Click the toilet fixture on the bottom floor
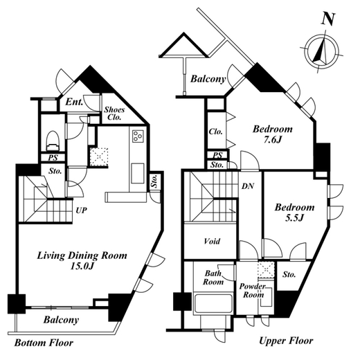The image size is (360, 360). (x=53, y=141)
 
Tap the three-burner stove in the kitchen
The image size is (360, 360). (x=138, y=136)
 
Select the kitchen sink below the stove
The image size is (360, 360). (x=138, y=173)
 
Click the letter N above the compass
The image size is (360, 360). (x=328, y=19)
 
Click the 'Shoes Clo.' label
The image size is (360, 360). (x=114, y=113)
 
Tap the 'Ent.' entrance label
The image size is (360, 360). (x=74, y=102)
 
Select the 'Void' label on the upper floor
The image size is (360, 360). (x=212, y=242)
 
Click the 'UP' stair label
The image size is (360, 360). (x=82, y=210)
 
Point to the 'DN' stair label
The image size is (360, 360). (x=248, y=186)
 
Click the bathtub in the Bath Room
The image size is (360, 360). (x=213, y=303)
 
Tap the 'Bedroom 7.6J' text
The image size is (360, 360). (x=273, y=134)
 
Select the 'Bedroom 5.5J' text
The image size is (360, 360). (x=294, y=213)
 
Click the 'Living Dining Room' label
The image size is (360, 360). (x=82, y=255)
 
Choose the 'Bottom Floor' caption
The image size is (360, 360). (x=44, y=343)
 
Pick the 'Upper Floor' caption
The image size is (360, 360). (x=286, y=341)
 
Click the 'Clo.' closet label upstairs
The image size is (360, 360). (x=216, y=132)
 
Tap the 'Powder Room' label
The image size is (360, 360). (x=253, y=291)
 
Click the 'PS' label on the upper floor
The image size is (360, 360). (x=217, y=155)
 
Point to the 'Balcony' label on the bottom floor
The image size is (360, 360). (x=61, y=320)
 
